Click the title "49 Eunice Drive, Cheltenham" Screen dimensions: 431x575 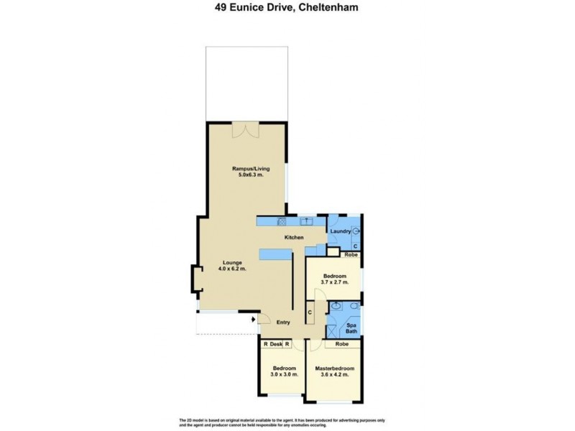288,9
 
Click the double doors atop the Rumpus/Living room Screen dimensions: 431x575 246,129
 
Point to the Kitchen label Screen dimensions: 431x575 294,238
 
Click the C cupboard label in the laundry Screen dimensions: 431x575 355,246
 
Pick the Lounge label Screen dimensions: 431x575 231,262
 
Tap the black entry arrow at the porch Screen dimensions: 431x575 254,323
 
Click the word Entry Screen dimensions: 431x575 283,323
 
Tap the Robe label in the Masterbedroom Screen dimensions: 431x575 341,345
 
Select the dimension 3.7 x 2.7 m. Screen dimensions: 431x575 334,282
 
